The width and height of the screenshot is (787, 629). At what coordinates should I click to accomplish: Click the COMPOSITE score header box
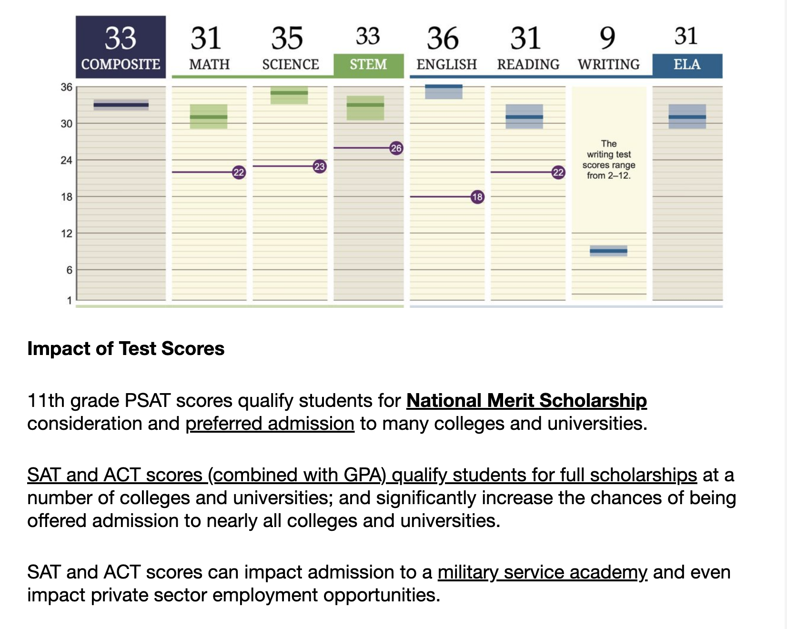(121, 47)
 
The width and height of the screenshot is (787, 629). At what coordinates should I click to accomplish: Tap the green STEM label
(368, 65)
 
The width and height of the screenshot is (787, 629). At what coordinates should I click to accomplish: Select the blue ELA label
(687, 65)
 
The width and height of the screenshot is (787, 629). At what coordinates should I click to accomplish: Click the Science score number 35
(287, 38)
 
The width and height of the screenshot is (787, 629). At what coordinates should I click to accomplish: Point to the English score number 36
(443, 38)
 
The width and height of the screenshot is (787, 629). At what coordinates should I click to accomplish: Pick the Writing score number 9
(607, 38)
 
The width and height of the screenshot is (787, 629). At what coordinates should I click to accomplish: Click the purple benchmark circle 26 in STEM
(396, 148)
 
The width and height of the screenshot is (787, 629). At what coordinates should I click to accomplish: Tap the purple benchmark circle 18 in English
(477, 197)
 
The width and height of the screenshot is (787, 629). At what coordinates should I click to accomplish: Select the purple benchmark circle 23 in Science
(319, 166)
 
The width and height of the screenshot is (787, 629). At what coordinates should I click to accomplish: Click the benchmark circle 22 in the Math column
(239, 172)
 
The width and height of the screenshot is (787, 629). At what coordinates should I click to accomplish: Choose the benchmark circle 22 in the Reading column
(558, 172)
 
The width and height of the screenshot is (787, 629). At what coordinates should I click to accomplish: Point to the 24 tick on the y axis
(66, 161)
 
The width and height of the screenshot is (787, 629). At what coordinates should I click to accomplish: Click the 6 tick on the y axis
(69, 270)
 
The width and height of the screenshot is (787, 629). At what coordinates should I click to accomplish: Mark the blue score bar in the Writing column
(608, 251)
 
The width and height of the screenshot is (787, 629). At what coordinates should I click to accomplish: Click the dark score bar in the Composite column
(121, 105)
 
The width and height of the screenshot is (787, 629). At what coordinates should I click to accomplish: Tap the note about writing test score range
(608, 160)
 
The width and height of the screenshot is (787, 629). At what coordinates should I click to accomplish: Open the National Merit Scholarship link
(526, 401)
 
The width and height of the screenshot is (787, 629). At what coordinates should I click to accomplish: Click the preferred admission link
(270, 424)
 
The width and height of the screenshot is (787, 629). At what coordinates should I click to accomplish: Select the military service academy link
(542, 572)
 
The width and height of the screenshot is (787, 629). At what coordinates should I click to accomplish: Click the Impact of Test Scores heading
(126, 349)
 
